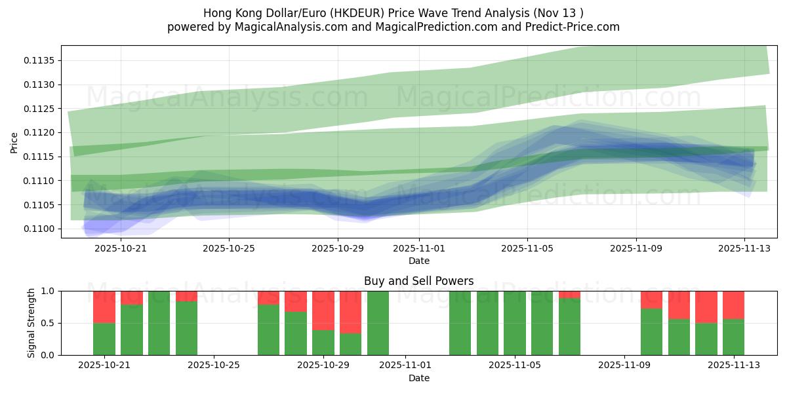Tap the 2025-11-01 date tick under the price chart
click(419, 248)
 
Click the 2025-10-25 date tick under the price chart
click(229, 248)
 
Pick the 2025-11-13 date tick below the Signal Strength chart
click(733, 365)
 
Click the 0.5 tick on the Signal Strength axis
click(50, 323)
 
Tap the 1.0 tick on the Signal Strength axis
click(50, 291)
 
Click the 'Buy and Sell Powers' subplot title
click(419, 281)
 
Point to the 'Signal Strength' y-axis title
click(31, 323)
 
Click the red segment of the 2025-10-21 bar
click(104, 307)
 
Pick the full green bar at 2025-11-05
click(515, 323)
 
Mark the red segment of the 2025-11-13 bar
click(733, 305)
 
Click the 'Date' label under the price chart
click(419, 261)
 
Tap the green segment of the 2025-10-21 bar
click(104, 339)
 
